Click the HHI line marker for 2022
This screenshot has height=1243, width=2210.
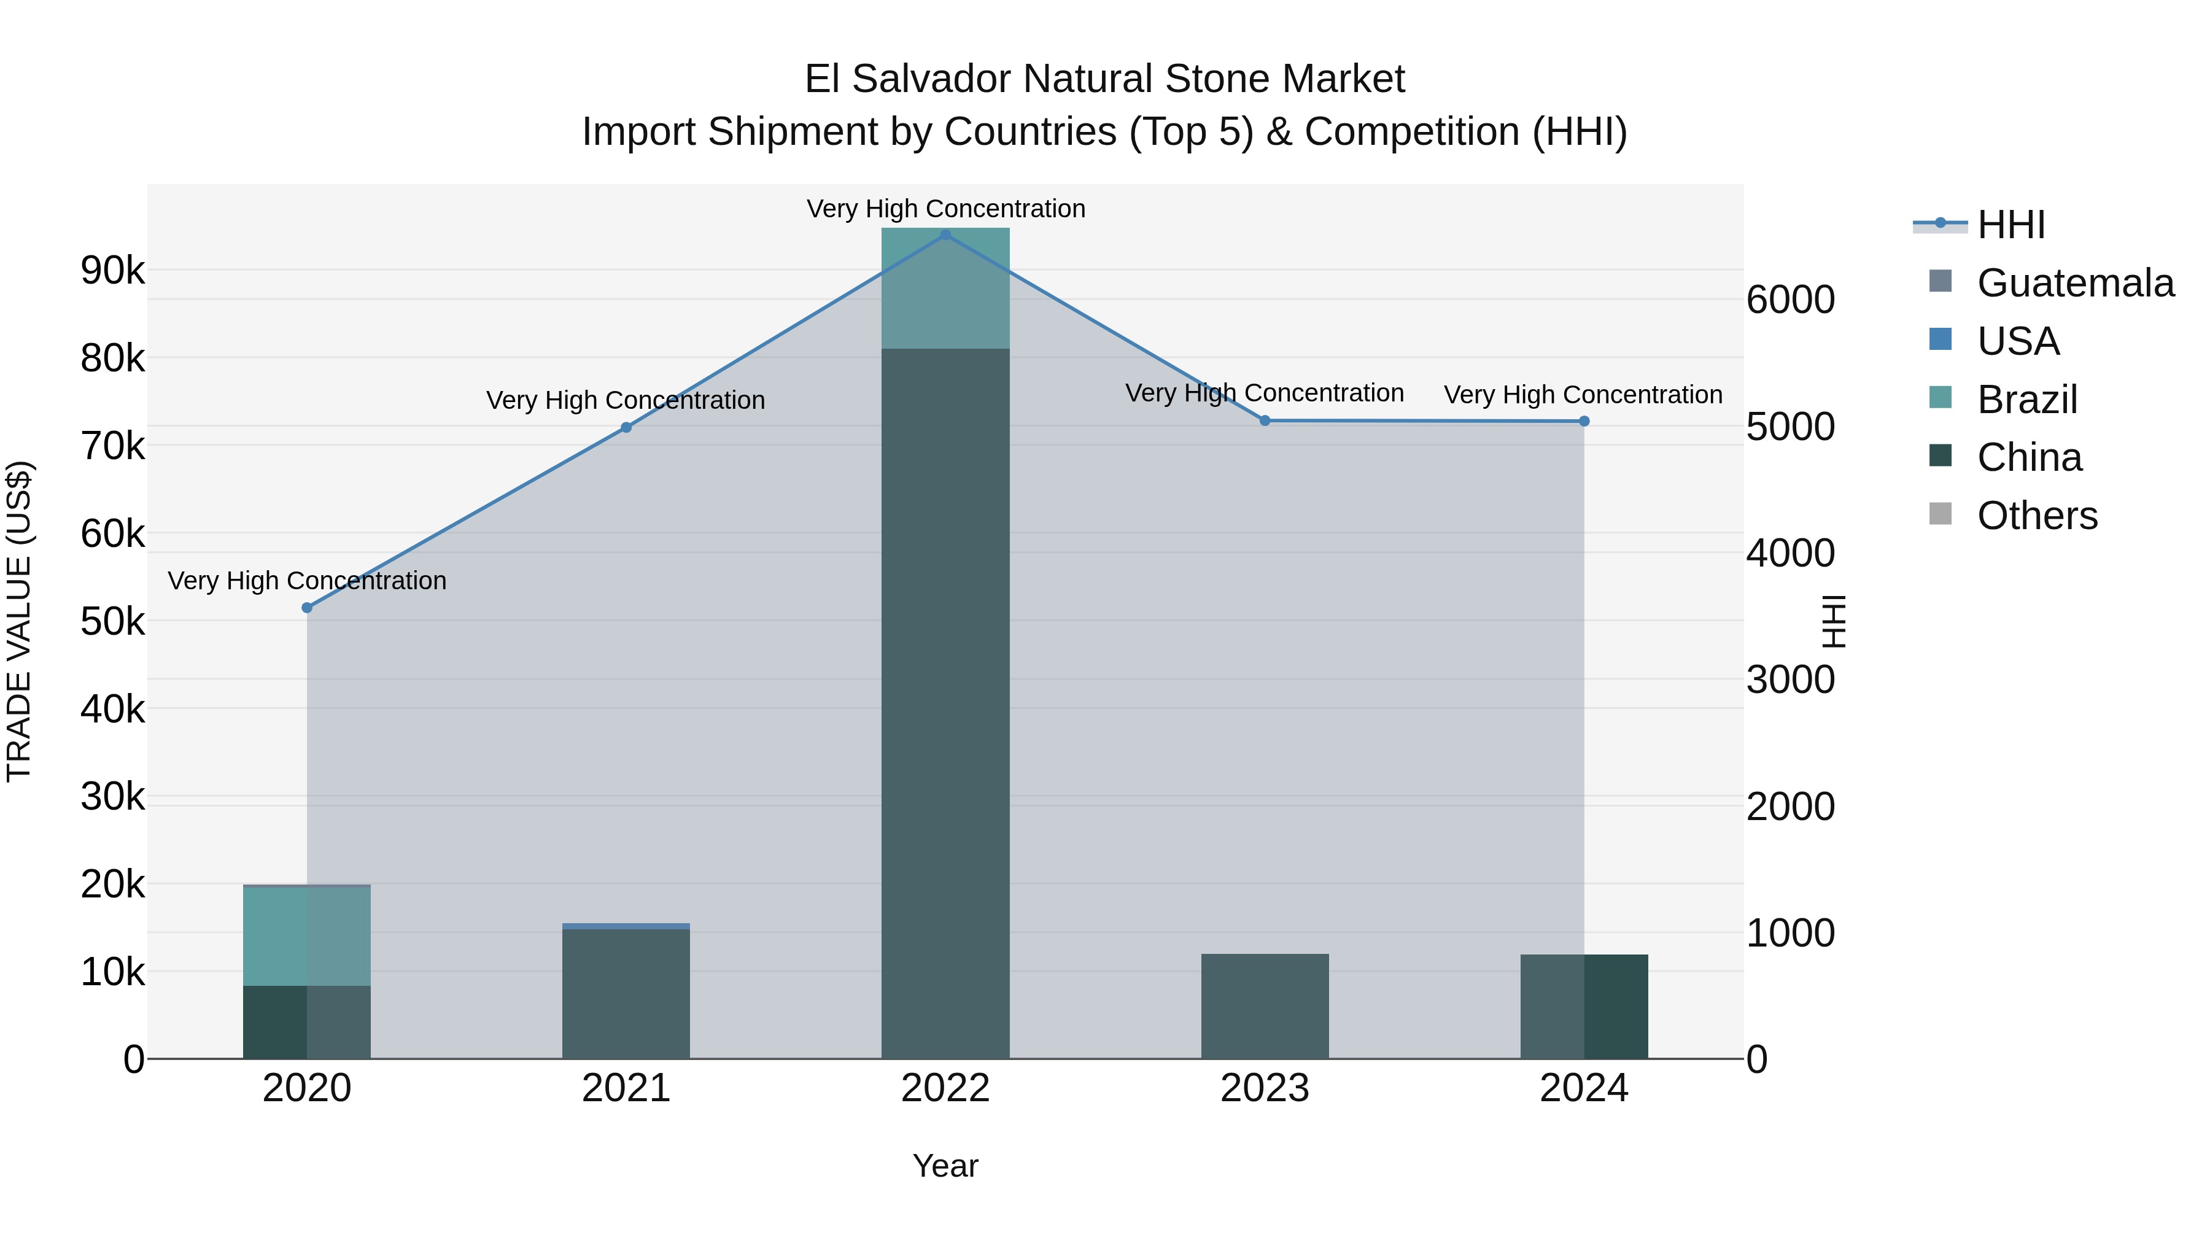[945, 235]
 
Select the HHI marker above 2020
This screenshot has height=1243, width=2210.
[307, 607]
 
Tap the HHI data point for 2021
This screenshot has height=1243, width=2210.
[626, 427]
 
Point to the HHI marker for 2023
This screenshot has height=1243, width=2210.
[1265, 420]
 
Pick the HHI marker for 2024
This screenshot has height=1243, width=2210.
[1584, 421]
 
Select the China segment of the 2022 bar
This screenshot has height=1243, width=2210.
[945, 703]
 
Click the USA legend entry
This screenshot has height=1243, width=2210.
[2018, 341]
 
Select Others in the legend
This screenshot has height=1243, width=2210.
[2037, 516]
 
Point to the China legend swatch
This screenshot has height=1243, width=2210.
[1941, 456]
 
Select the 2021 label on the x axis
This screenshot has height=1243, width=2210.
[626, 1088]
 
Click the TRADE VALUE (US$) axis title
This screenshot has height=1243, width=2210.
[19, 621]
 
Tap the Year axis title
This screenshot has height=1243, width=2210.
[945, 1166]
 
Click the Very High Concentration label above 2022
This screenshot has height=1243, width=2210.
[945, 209]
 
